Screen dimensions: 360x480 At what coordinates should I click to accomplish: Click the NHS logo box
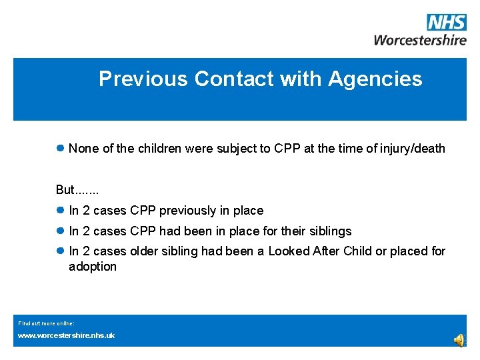(x=447, y=23)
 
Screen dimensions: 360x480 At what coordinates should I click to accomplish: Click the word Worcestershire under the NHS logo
(x=420, y=39)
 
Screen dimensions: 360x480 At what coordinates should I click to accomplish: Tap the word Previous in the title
(x=143, y=79)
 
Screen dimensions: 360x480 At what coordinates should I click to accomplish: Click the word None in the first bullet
(x=83, y=149)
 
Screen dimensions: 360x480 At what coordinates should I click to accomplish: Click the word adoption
(x=93, y=267)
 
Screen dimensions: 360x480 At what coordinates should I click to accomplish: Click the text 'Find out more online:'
(x=46, y=323)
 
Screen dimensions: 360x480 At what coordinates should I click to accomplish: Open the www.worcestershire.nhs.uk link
(x=66, y=335)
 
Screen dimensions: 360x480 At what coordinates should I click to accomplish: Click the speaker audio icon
(x=460, y=340)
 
